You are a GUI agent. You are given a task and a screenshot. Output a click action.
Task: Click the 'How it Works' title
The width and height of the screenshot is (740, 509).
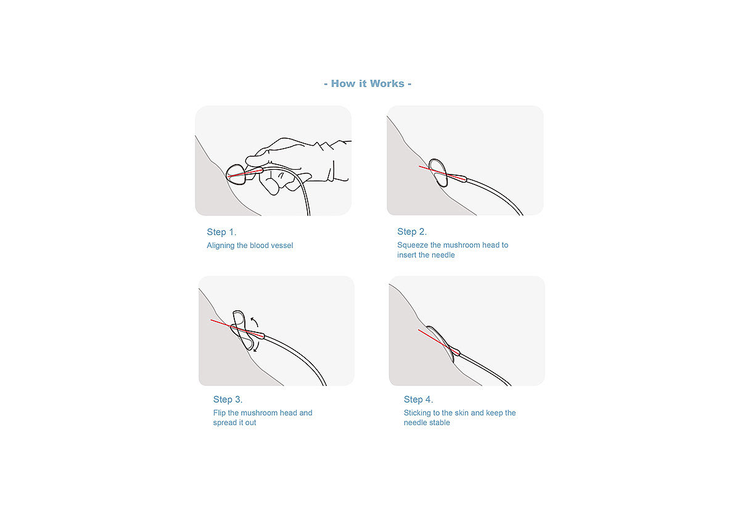pyautogui.click(x=368, y=84)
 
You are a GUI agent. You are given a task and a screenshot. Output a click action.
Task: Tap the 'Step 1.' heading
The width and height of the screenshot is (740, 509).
pyautogui.click(x=221, y=232)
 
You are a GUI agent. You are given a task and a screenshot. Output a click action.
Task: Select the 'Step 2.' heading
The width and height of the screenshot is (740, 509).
pyautogui.click(x=412, y=232)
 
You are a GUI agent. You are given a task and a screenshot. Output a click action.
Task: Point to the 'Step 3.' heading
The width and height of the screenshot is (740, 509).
pyautogui.click(x=228, y=399)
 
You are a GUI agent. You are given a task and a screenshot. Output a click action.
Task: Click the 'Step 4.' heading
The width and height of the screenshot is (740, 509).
pyautogui.click(x=418, y=399)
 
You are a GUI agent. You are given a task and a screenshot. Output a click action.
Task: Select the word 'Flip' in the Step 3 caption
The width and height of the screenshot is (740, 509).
pyautogui.click(x=220, y=413)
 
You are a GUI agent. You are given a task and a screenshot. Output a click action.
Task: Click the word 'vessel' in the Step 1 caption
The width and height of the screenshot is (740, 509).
pyautogui.click(x=282, y=246)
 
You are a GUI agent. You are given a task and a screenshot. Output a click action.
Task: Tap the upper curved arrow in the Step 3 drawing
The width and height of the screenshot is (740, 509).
pyautogui.click(x=254, y=321)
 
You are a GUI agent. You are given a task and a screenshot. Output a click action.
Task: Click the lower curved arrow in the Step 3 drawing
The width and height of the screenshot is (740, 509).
pyautogui.click(x=257, y=347)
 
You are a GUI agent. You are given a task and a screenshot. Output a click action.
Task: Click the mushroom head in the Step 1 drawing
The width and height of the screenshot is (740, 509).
pyautogui.click(x=236, y=174)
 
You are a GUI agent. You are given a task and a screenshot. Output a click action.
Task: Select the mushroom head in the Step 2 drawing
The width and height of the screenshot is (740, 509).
pyautogui.click(x=438, y=173)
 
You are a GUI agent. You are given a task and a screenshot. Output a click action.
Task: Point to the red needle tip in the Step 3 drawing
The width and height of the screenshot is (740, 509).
pyautogui.click(x=211, y=320)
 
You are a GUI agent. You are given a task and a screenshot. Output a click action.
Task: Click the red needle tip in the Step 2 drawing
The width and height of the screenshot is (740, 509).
pyautogui.click(x=419, y=166)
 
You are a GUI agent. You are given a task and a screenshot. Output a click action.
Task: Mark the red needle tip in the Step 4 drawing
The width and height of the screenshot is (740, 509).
pyautogui.click(x=419, y=330)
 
